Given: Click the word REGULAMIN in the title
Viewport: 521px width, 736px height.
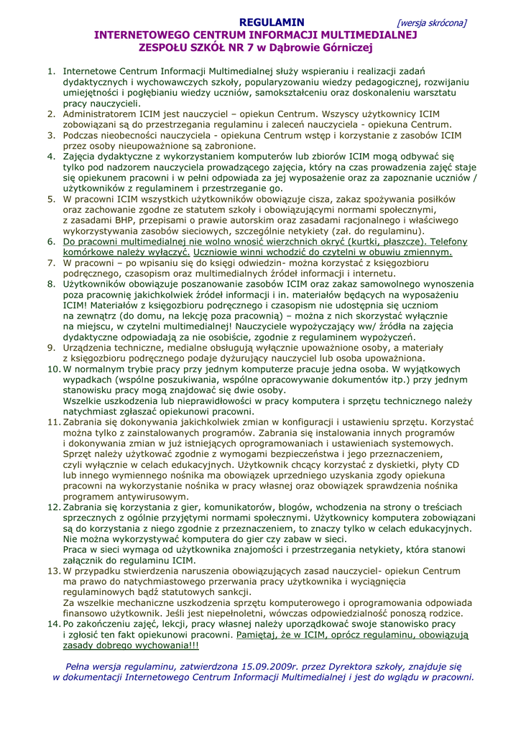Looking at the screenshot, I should pyautogui.click(x=271, y=22).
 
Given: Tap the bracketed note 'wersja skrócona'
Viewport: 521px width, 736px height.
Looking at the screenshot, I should pyautogui.click(x=431, y=23).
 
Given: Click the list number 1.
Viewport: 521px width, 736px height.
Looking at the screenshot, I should pyautogui.click(x=51, y=71).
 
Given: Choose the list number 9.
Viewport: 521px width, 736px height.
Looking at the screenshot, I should pyautogui.click(x=51, y=348).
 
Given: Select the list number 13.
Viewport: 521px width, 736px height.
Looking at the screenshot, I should pyautogui.click(x=53, y=571).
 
